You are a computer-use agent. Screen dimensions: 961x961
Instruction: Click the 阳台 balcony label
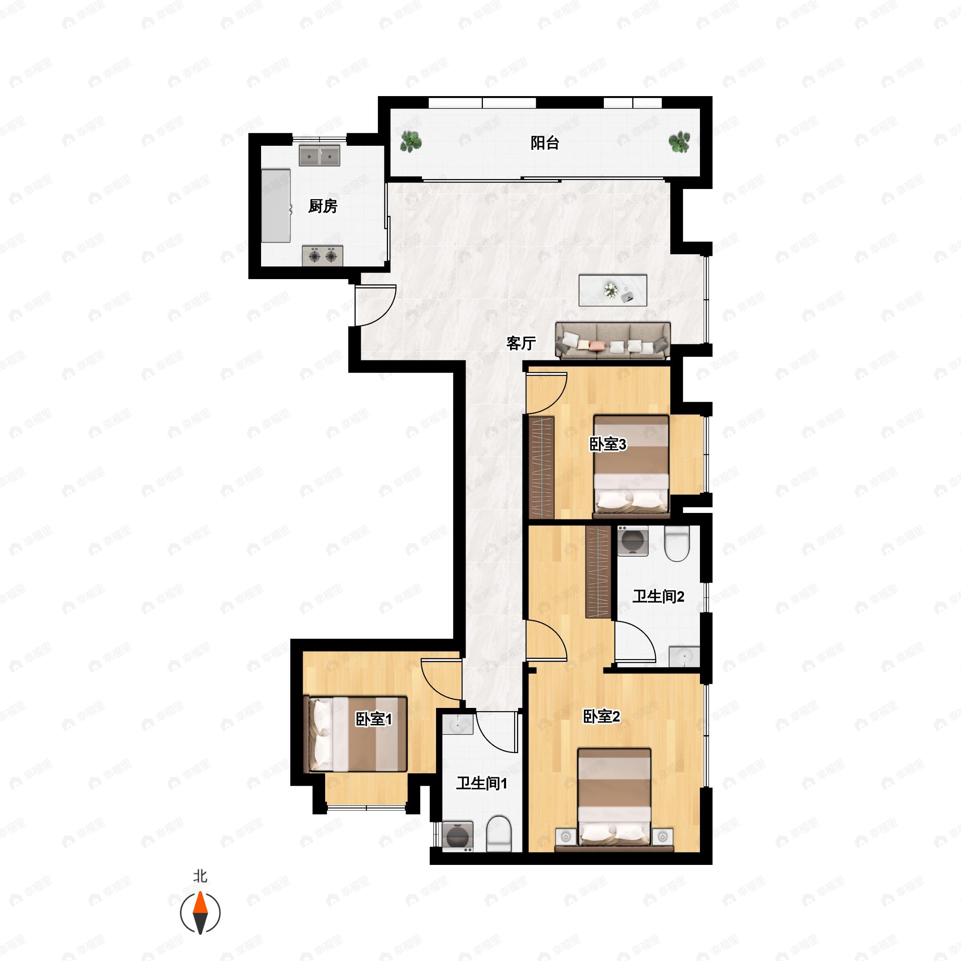[545, 143]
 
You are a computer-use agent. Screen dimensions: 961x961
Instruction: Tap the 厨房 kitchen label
[323, 206]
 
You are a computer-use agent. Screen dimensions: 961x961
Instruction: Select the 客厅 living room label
[521, 343]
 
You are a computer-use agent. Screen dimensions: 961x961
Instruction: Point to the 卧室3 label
[607, 444]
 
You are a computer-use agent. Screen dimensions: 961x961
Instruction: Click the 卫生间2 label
[658, 596]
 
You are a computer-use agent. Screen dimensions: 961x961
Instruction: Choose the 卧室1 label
[374, 719]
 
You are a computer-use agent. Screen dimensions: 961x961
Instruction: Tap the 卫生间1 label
[481, 784]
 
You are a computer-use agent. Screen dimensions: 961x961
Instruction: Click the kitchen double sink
[320, 156]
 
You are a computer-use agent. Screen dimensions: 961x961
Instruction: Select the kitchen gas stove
[322, 256]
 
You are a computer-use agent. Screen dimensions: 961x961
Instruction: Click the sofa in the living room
[613, 341]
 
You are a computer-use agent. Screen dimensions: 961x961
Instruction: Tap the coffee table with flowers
[613, 290]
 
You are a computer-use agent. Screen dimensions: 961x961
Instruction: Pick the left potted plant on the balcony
[411, 142]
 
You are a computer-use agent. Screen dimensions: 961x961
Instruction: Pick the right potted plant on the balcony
[679, 142]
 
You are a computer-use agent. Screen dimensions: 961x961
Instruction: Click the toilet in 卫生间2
[677, 544]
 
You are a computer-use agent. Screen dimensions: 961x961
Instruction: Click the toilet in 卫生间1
[499, 834]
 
